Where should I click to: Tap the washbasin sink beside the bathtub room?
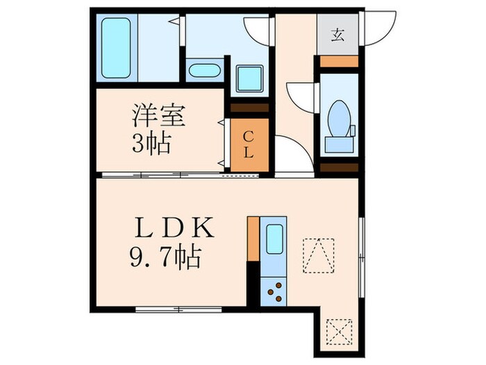pyautogui.click(x=203, y=71)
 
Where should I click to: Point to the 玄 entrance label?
pyautogui.click(x=337, y=34)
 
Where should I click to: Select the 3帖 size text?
pyautogui.click(x=151, y=144)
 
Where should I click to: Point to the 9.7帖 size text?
pyautogui.click(x=165, y=259)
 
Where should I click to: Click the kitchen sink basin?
pyautogui.click(x=276, y=240)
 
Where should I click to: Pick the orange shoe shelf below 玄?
pyautogui.click(x=338, y=61)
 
